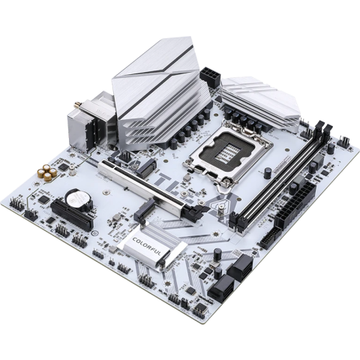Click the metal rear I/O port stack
click(x=97, y=127)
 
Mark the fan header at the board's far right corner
click(x=342, y=142)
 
